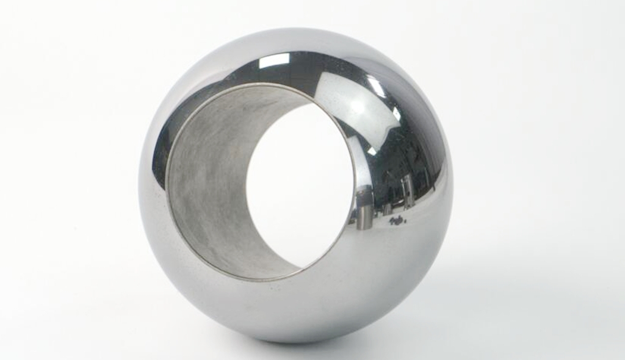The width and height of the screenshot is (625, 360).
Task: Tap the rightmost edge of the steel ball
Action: tap(453, 183)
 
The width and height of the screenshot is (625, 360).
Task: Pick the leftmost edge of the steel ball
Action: tap(139, 183)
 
